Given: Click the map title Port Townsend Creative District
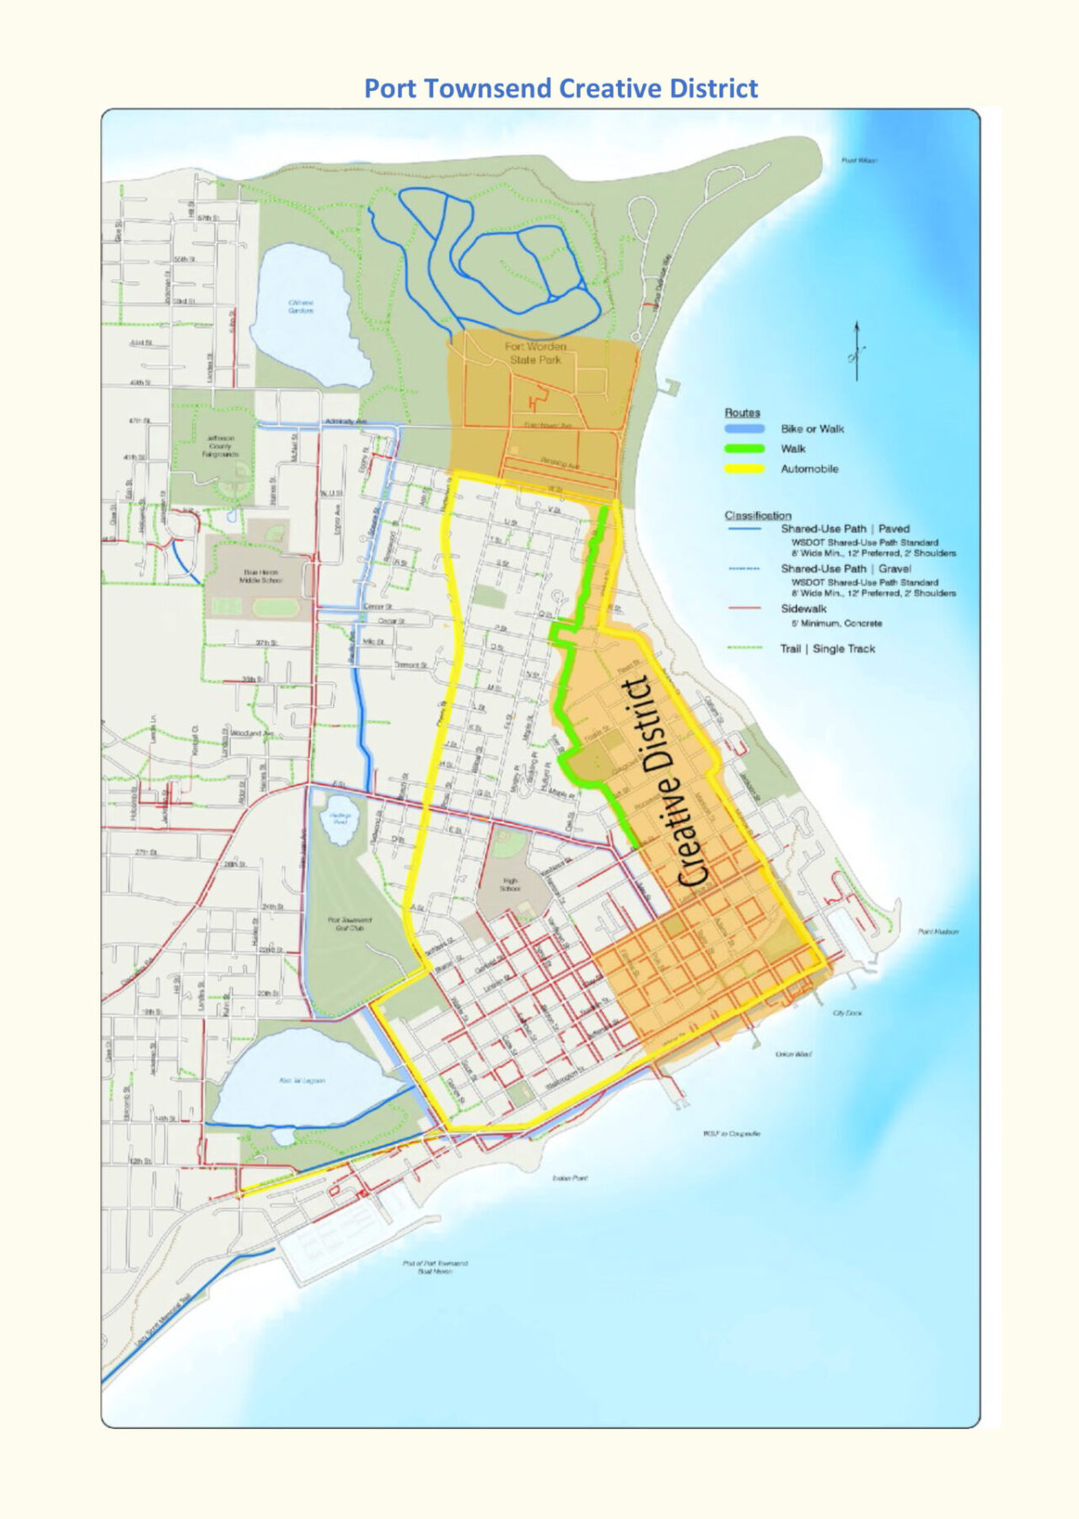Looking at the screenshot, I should [561, 89].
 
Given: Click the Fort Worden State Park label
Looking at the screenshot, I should [535, 353].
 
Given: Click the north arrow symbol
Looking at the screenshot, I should [856, 351].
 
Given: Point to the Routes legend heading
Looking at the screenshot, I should [742, 412].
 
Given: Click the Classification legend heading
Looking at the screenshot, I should [757, 515].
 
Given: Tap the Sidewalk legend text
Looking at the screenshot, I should [803, 609].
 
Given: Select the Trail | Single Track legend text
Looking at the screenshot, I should [827, 649].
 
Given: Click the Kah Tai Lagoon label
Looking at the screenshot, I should [302, 1080].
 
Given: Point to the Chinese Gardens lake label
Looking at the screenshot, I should [301, 306].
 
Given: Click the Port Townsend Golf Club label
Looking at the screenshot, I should [350, 924].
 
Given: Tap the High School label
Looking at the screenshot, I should [510, 884].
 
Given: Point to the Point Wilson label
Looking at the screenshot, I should [859, 160].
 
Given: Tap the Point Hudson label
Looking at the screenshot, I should [937, 931].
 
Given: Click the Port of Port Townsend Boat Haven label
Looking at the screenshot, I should [435, 1267].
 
